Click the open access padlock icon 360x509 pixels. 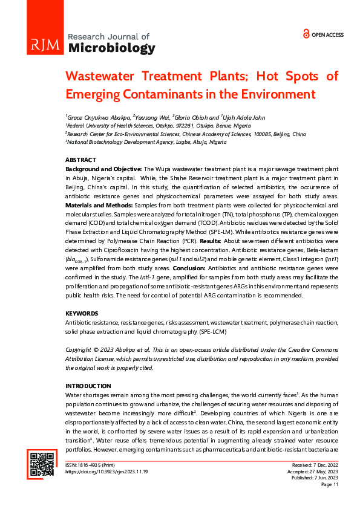pos(306,34)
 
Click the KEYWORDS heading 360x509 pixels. pos(81,313)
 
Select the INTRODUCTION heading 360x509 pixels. pos(88,386)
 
